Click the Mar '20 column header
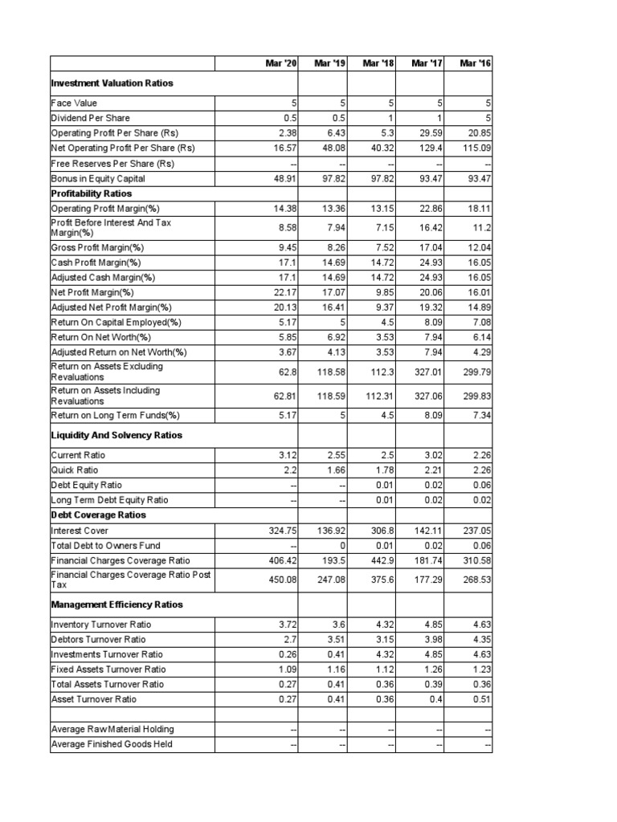(280, 63)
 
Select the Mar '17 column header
(426, 63)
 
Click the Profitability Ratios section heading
(91, 193)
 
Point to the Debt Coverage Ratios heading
(98, 515)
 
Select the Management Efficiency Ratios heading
(116, 604)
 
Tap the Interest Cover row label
(77, 531)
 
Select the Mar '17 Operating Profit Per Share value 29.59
(430, 133)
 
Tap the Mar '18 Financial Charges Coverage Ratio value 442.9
(381, 560)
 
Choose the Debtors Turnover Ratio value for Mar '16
(480, 639)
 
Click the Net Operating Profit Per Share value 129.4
(430, 148)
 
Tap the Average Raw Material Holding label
(112, 729)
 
